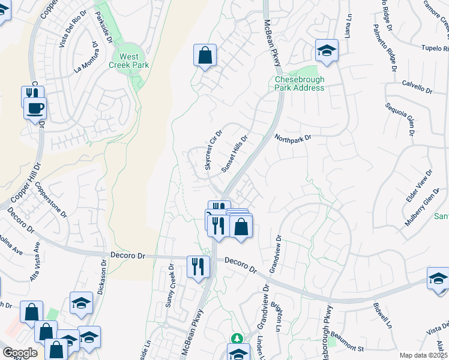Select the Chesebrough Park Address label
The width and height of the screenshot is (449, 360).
(299, 83)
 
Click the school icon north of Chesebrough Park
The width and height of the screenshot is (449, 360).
(327, 51)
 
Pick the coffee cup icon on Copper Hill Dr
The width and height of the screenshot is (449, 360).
(35, 109)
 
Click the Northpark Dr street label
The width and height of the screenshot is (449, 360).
(294, 138)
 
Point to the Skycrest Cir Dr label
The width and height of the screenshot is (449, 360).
(214, 150)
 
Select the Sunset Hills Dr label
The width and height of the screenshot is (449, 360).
(235, 154)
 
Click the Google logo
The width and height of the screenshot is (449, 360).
(19, 353)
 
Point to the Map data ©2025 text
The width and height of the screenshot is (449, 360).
(424, 355)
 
